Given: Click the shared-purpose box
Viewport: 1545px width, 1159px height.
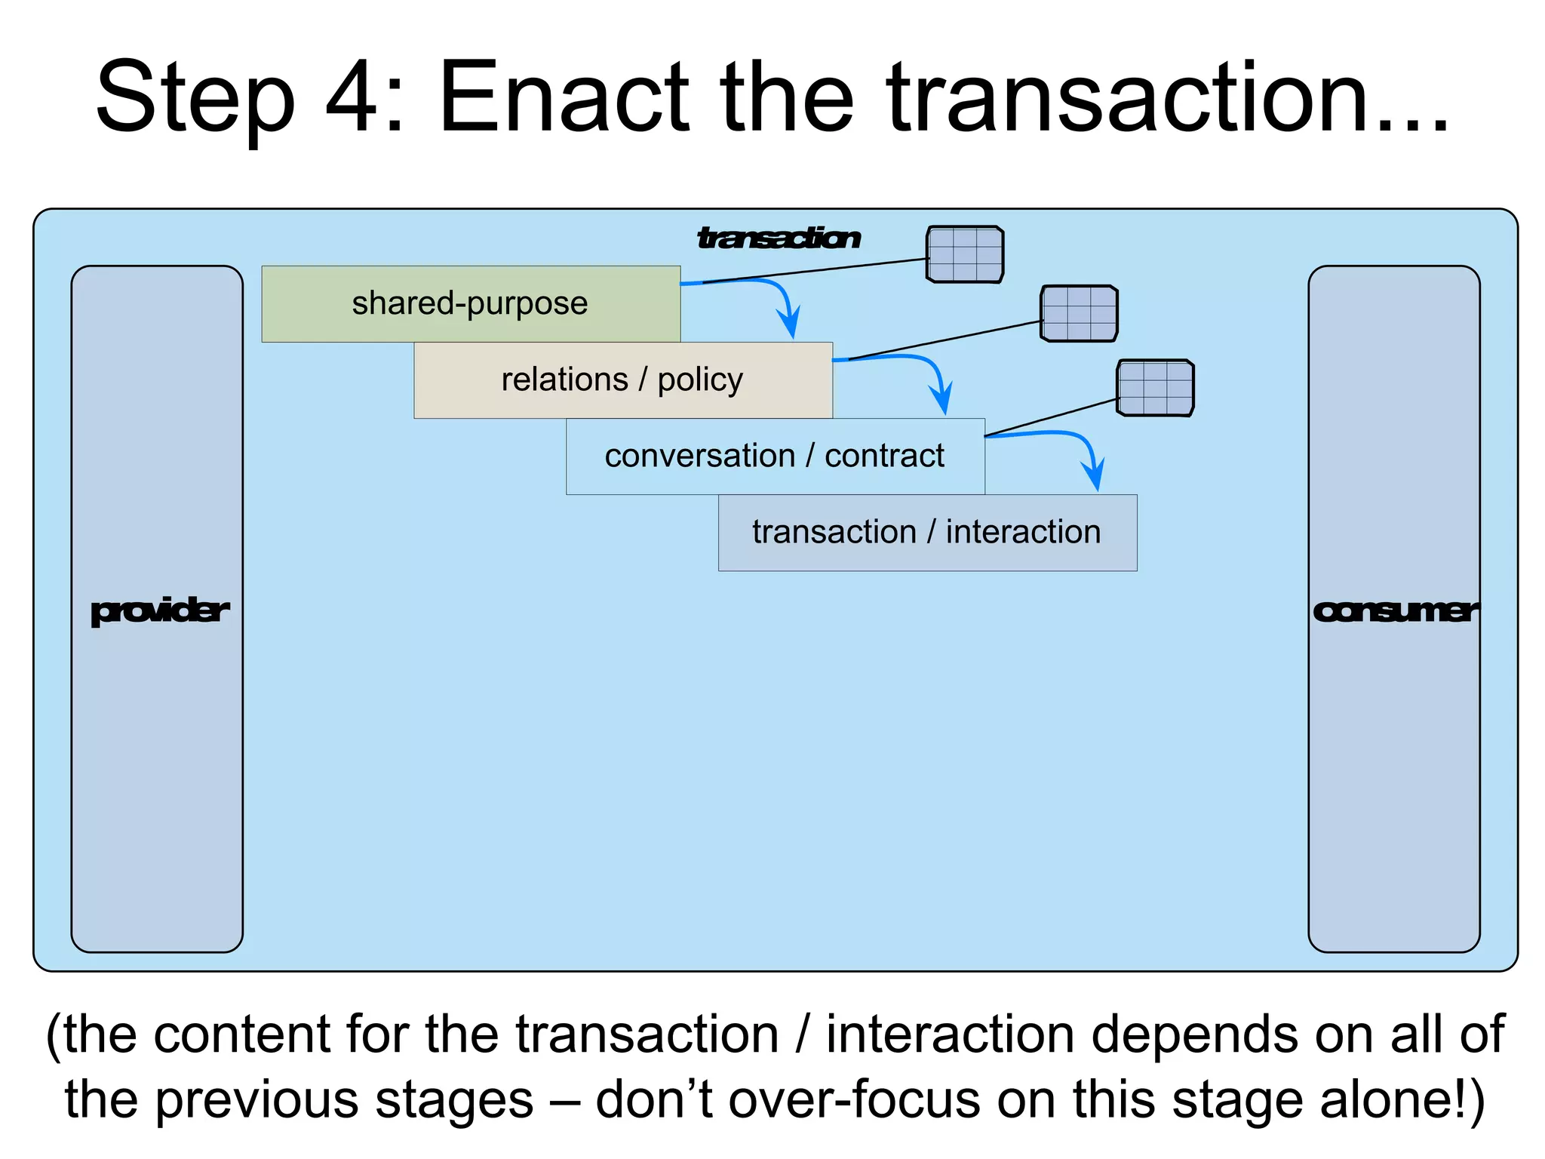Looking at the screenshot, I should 471,303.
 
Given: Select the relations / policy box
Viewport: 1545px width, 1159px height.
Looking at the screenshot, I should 623,380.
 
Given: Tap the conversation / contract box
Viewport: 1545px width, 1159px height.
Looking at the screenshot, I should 775,456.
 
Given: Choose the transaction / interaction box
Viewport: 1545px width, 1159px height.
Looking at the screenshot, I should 927,533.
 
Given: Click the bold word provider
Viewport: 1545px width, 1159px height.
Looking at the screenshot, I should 159,610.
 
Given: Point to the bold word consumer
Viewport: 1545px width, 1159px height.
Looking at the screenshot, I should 1395,610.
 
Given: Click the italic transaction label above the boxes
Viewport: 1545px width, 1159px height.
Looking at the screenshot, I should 779,238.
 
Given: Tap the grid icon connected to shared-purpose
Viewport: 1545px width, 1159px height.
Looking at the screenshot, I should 965,254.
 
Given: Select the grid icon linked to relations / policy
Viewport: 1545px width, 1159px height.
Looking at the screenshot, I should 1079,313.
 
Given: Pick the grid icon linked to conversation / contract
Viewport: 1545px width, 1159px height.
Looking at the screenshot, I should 1155,388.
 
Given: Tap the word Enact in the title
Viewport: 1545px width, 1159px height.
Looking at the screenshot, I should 563,98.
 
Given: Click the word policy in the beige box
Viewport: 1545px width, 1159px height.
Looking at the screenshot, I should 700,380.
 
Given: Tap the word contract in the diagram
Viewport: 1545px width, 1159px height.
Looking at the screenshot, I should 884,456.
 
